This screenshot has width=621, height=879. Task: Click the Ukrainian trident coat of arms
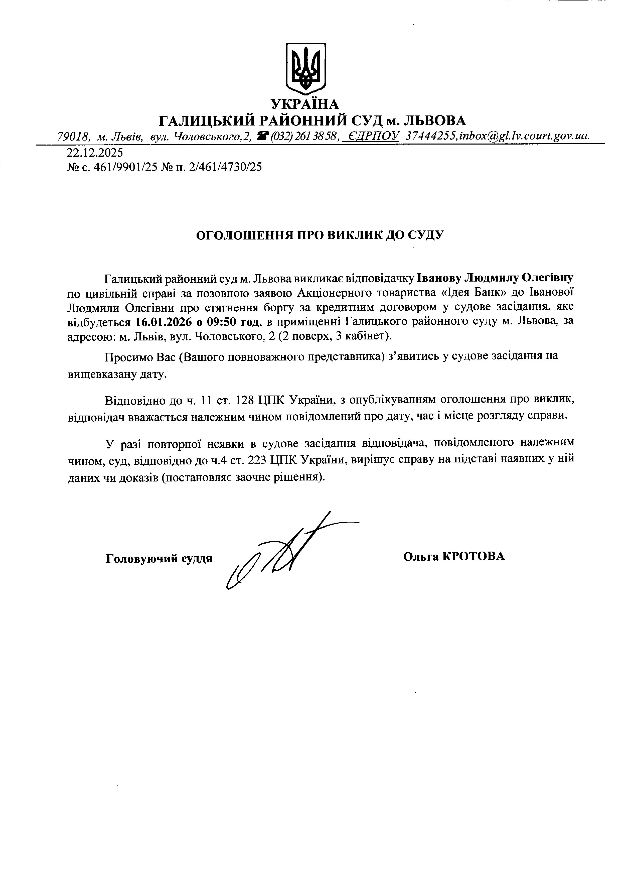point(306,69)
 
